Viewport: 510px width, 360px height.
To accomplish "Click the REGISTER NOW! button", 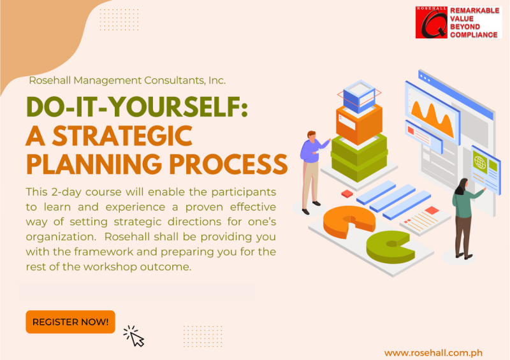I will pos(70,322).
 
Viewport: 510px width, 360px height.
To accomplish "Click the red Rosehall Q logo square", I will pos(432,22).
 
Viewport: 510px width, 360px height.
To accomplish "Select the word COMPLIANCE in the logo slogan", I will pos(474,34).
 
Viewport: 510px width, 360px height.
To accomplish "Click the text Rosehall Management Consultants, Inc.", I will pos(127,81).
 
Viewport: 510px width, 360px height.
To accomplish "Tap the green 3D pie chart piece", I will pos(388,246).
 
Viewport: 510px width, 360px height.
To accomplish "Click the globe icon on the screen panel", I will pos(479,163).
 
